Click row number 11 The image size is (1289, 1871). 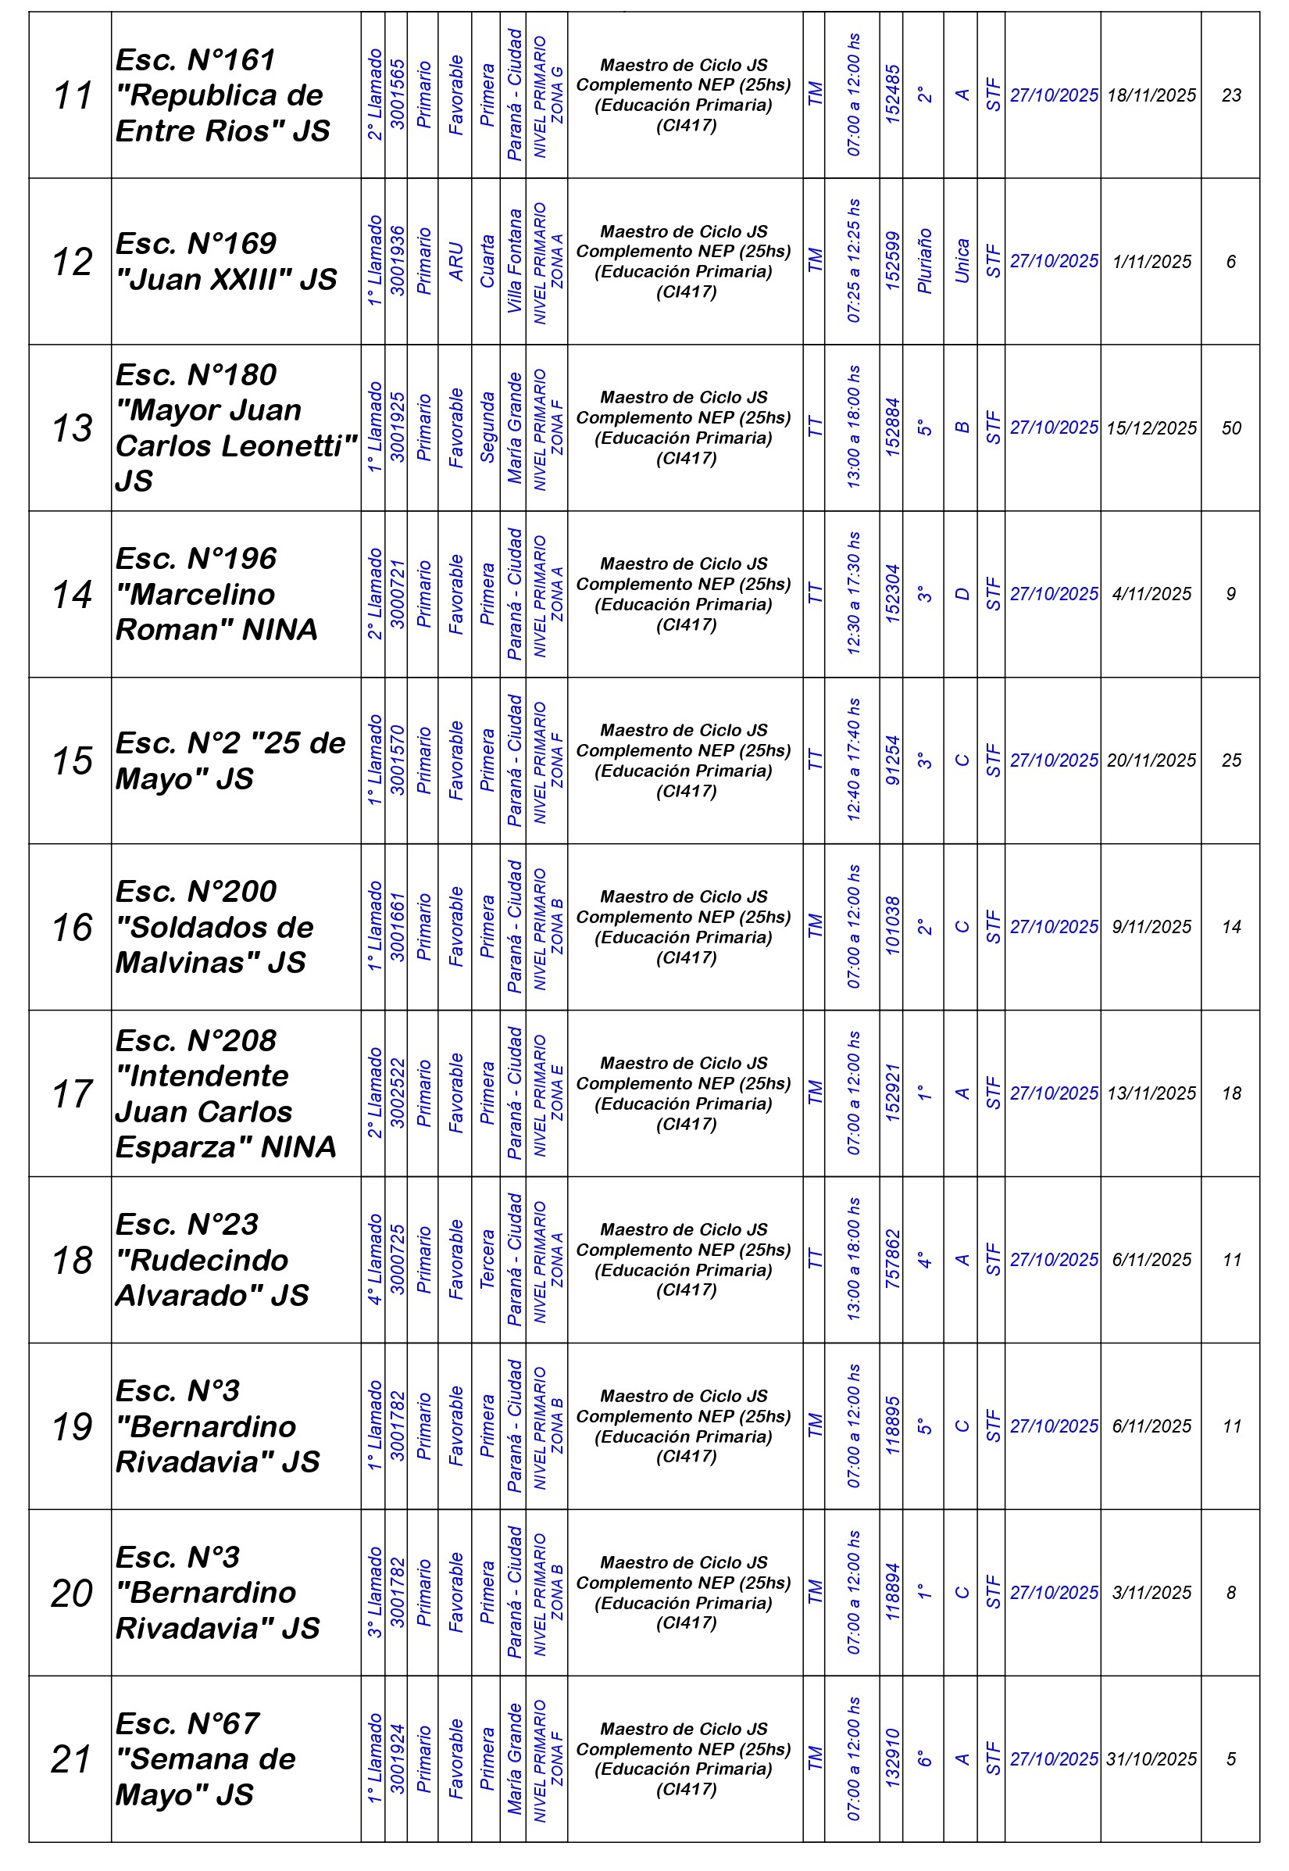(x=72, y=95)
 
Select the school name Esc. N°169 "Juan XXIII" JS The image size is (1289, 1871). (x=226, y=262)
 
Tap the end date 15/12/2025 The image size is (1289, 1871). (x=1151, y=428)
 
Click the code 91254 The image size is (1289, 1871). (x=891, y=760)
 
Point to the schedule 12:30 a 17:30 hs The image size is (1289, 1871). (x=853, y=594)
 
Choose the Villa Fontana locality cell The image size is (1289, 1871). (x=514, y=262)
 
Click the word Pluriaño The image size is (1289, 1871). (x=924, y=262)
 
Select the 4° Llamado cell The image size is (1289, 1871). (x=374, y=1260)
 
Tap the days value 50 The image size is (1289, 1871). (x=1231, y=428)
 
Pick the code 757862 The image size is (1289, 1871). (x=891, y=1260)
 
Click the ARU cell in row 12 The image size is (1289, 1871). (x=455, y=262)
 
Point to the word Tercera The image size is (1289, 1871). (x=486, y=1260)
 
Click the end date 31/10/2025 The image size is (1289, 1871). (x=1151, y=1758)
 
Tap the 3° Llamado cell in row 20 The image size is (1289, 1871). (x=374, y=1592)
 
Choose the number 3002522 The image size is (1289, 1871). (x=397, y=1093)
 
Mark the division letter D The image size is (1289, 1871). (x=961, y=594)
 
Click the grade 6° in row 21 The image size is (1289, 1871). (x=924, y=1758)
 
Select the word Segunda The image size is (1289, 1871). (x=486, y=428)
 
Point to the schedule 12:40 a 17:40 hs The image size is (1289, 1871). (x=853, y=760)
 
